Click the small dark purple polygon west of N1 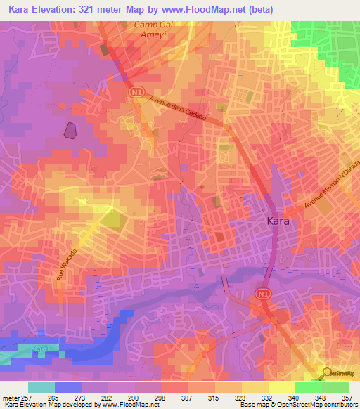pos(70,130)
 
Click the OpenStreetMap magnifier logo pos(328,374)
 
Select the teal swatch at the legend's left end pos(41,387)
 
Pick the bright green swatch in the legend pos(308,387)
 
